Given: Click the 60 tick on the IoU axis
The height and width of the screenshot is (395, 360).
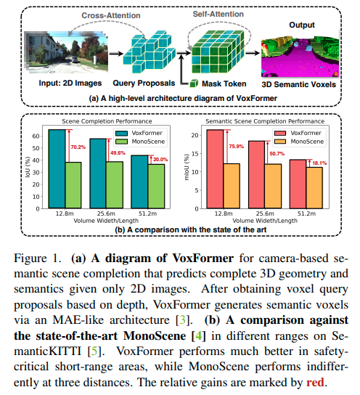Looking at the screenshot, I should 36,136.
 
